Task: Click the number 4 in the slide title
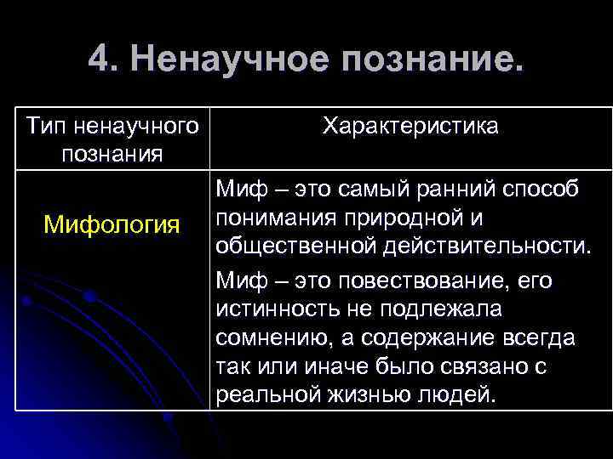[98, 60]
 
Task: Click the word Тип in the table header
[45, 127]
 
